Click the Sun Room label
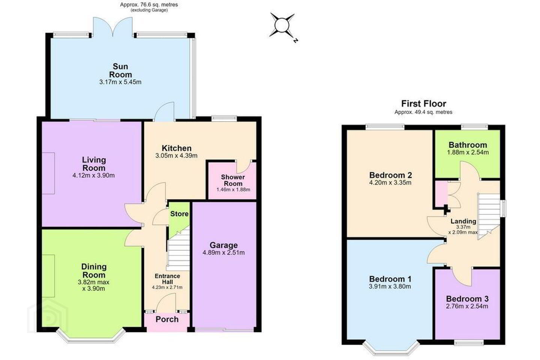click(120, 70)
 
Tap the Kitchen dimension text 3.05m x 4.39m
click(177, 156)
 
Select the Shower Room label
click(233, 180)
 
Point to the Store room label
click(179, 214)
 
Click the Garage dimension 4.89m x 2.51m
click(224, 252)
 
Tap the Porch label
click(167, 319)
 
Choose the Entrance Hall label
click(167, 279)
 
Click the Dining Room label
click(94, 270)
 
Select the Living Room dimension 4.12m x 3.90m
click(93, 175)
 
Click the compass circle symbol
click(282, 25)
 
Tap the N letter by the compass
click(295, 40)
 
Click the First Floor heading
click(424, 103)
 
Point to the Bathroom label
click(468, 145)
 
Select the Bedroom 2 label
click(390, 175)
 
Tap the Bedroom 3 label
click(467, 299)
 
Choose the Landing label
click(463, 221)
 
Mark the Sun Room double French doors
click(113, 27)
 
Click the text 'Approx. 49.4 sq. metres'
click(423, 112)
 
